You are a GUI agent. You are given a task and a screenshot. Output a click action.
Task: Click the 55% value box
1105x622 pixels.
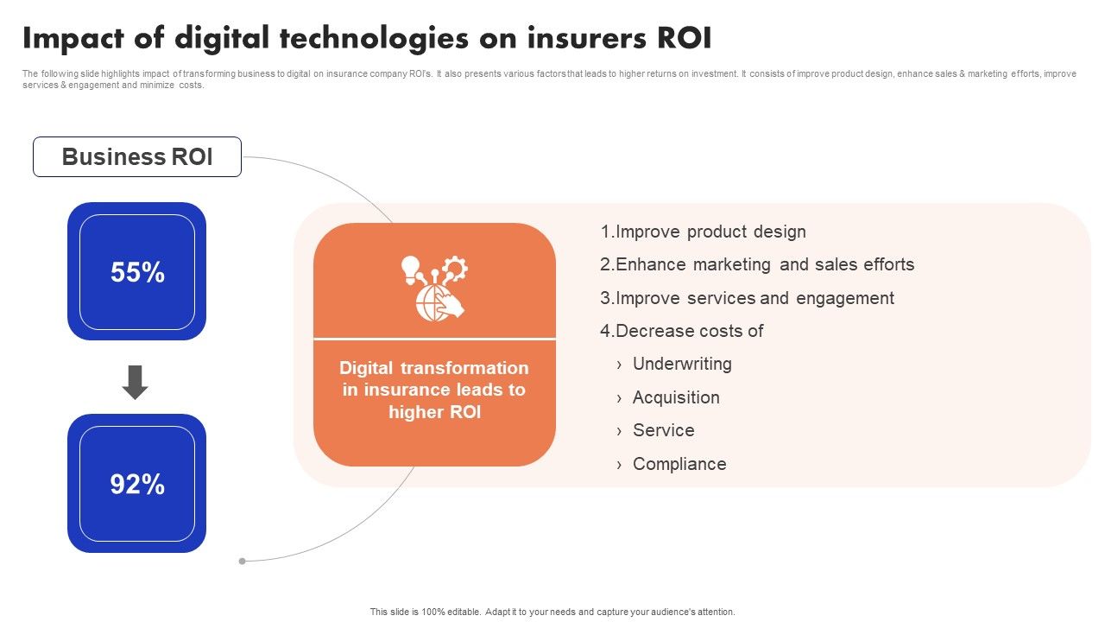coord(137,272)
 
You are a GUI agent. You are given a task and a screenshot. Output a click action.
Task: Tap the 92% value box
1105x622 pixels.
coord(137,484)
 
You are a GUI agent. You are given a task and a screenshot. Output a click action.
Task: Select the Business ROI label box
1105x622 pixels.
coord(137,157)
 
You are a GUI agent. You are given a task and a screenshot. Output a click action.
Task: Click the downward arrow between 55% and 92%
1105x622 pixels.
coord(136,382)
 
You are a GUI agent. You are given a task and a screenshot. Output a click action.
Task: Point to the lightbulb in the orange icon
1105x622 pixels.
coord(410,269)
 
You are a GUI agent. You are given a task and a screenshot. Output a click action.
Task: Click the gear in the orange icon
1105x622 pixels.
coord(455,269)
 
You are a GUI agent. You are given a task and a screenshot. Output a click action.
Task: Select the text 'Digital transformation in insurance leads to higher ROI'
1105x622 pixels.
coord(434,390)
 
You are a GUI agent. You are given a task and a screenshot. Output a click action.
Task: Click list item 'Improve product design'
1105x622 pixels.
coord(703,232)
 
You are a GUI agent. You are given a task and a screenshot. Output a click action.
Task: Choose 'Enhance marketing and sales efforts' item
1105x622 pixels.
coord(757,264)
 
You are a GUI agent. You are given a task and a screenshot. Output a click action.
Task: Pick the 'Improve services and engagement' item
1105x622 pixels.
coord(747,298)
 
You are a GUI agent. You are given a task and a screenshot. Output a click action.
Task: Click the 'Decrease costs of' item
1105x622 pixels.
coord(682,331)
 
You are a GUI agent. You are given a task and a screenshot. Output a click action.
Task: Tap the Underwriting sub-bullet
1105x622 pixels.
coord(682,364)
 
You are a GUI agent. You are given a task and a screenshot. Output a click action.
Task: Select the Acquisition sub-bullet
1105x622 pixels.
coord(676,397)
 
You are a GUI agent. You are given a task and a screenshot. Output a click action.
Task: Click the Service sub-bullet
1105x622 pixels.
coord(663,430)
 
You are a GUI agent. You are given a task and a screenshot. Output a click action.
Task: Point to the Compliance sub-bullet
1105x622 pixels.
coord(679,464)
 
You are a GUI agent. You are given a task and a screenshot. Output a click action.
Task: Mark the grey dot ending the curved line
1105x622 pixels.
coord(243,561)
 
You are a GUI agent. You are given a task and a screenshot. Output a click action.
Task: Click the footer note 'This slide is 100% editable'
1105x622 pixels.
coord(552,612)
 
